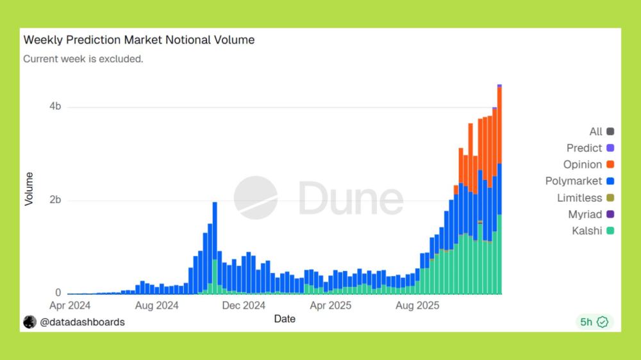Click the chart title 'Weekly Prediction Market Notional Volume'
click(139, 40)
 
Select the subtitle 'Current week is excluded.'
click(83, 59)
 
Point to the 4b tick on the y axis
click(55, 106)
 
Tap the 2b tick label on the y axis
click(55, 200)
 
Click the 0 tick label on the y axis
click(58, 293)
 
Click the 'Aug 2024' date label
click(157, 306)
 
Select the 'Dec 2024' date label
click(244, 306)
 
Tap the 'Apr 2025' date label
click(331, 306)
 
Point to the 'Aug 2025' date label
click(418, 306)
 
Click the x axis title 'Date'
click(285, 318)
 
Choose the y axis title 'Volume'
click(29, 188)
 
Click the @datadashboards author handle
click(82, 322)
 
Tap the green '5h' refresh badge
click(594, 322)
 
